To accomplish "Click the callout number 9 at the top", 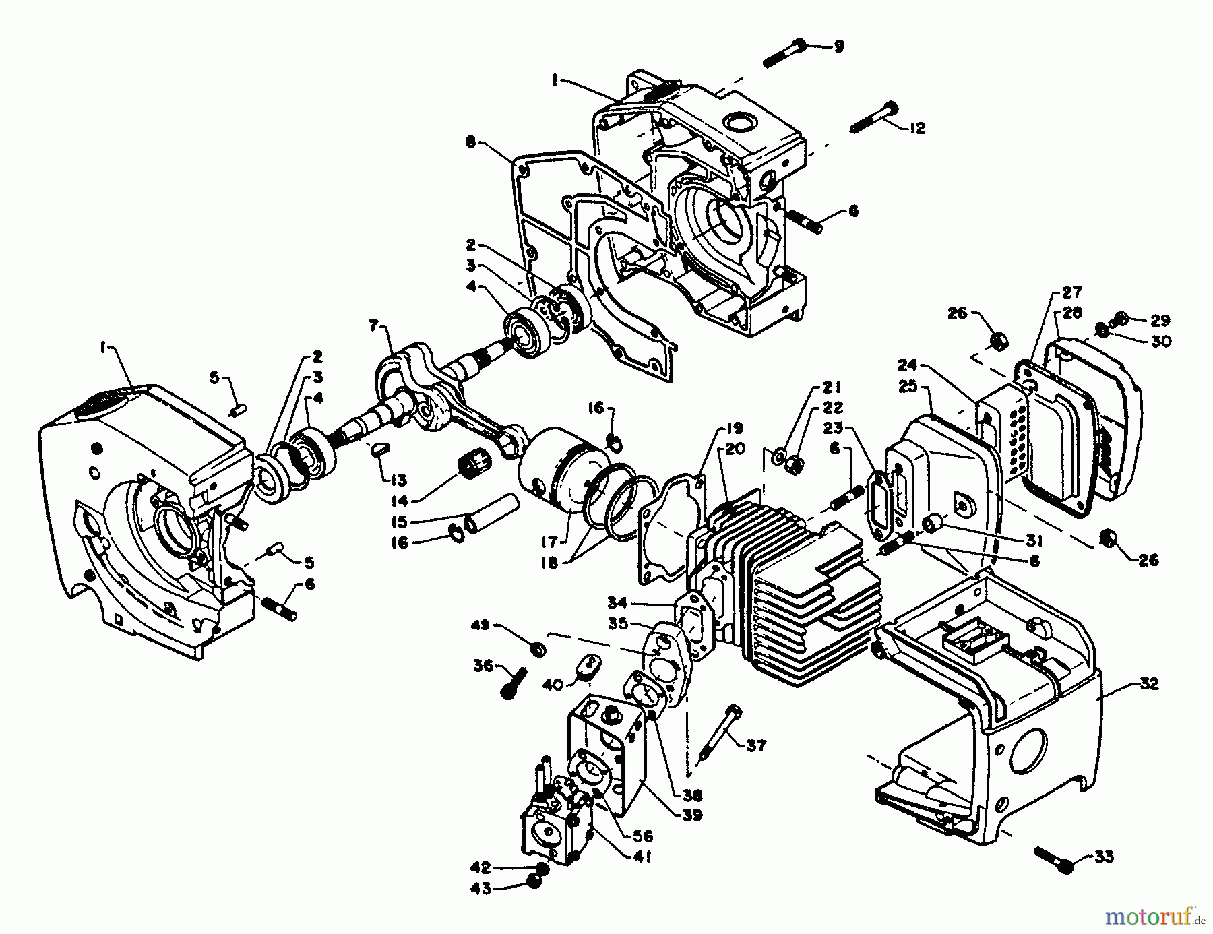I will (838, 46).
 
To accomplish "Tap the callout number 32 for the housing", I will (1148, 683).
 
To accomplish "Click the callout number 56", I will (643, 836).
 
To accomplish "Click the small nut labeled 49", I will (538, 649).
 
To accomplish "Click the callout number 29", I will (1160, 321).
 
